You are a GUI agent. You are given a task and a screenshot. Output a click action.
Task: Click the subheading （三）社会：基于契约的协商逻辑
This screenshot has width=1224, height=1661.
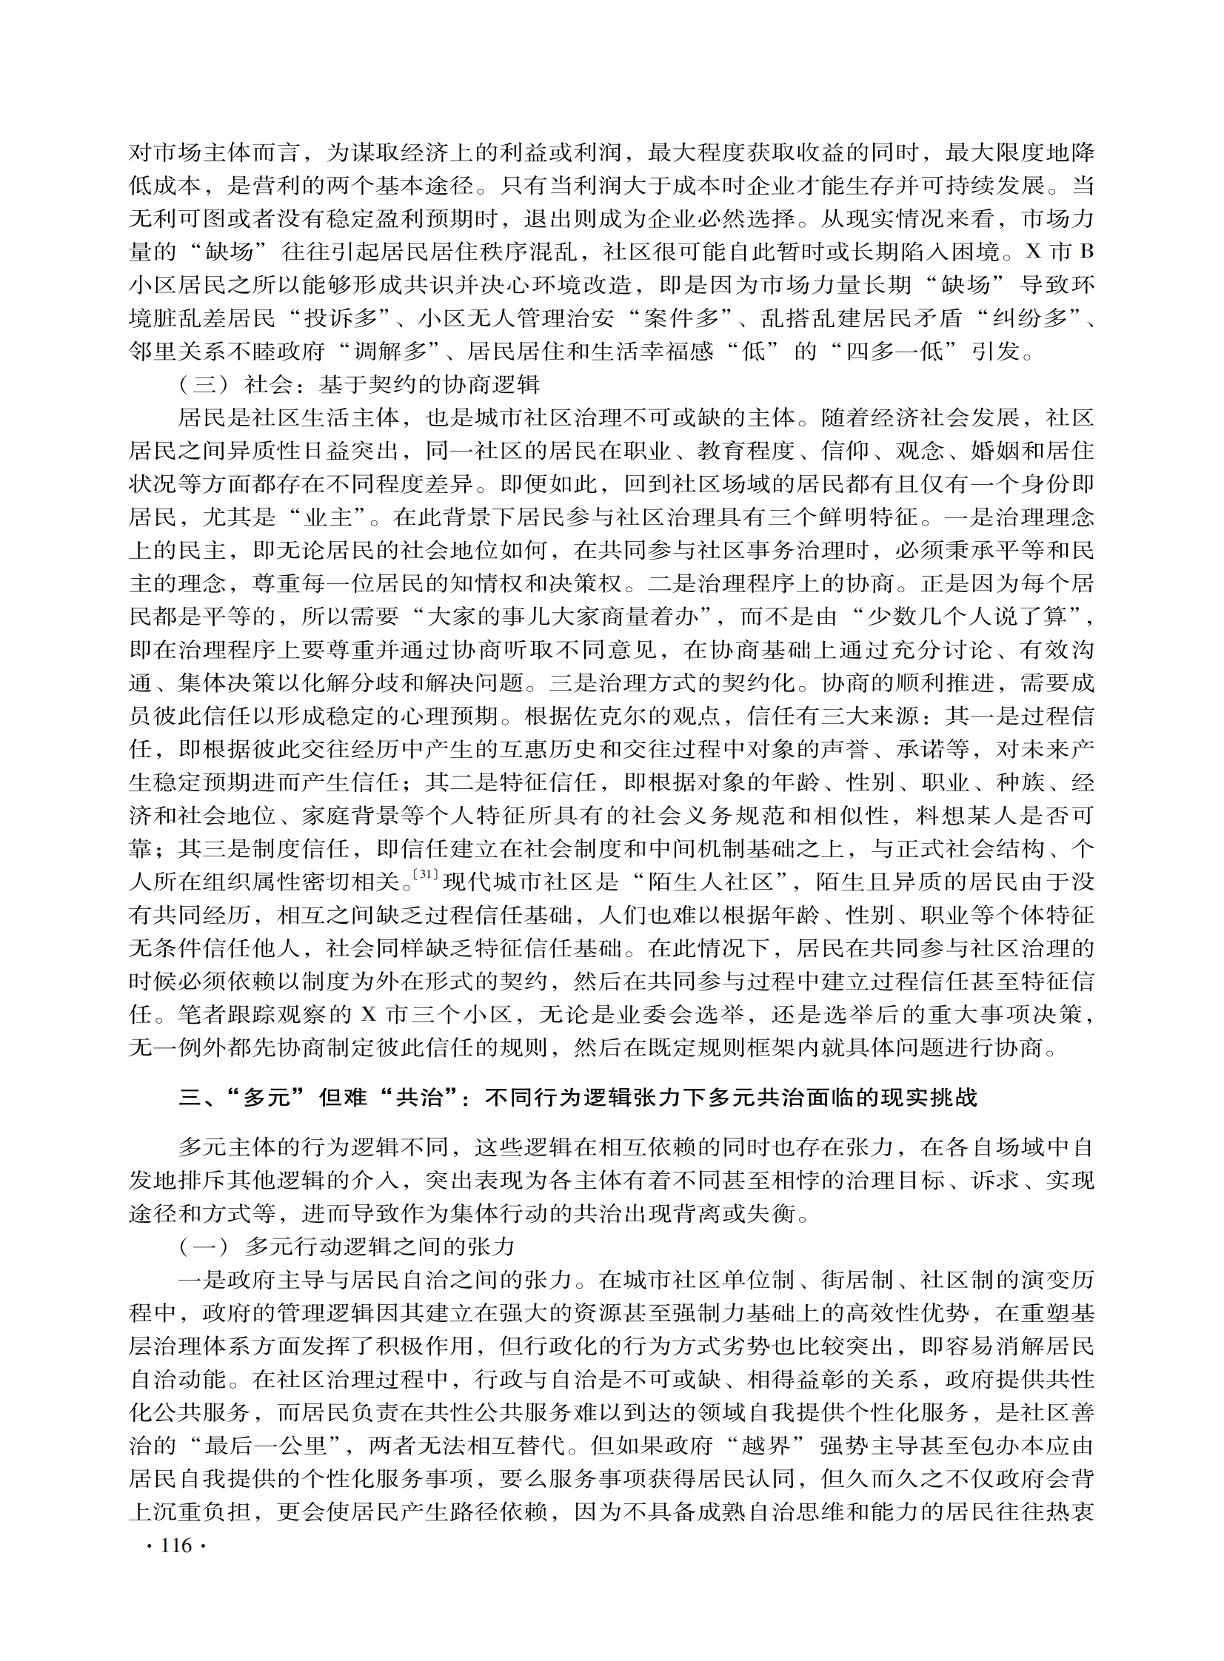pyautogui.click(x=358, y=385)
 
